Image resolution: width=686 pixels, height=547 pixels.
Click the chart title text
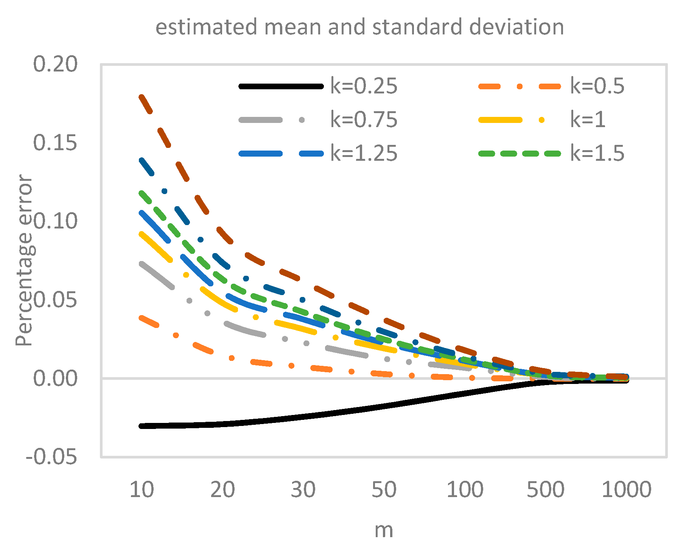(359, 27)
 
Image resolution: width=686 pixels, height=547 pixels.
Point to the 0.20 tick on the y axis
(55, 64)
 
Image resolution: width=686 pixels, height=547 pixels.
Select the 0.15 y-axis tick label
(55, 143)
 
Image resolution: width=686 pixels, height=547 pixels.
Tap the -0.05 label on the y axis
(51, 457)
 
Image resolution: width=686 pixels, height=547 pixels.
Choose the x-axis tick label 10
(142, 490)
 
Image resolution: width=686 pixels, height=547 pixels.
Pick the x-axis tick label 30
(303, 490)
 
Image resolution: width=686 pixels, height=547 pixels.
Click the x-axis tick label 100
(465, 490)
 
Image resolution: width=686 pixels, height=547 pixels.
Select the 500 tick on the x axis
(546, 490)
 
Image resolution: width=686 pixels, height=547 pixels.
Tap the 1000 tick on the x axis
(626, 490)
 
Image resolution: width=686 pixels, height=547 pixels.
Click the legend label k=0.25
(364, 86)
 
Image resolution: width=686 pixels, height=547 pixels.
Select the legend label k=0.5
(597, 86)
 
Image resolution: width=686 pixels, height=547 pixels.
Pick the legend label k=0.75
(364, 120)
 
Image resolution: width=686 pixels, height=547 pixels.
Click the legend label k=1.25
(364, 154)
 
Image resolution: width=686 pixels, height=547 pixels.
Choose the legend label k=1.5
(597, 154)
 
